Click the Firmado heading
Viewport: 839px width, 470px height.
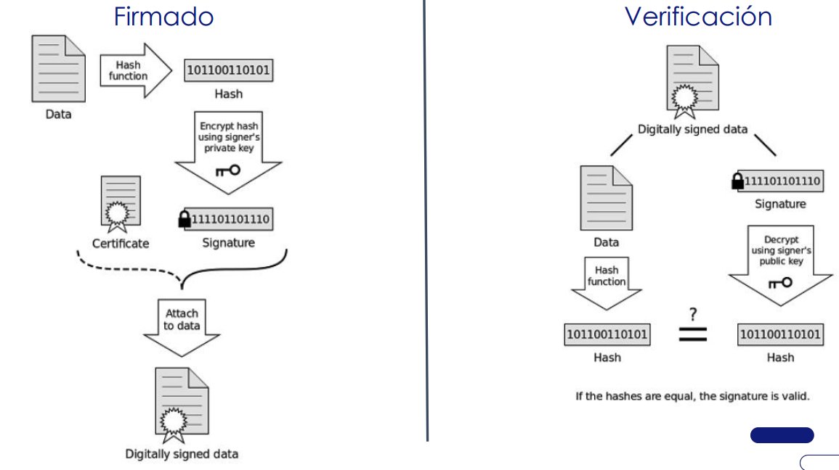[163, 16]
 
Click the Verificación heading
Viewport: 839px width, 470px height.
[698, 16]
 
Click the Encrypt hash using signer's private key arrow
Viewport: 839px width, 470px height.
[229, 149]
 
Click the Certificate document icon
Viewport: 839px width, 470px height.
[120, 201]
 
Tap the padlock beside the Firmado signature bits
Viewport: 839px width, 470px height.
[185, 219]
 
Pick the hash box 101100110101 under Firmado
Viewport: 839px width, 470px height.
[229, 70]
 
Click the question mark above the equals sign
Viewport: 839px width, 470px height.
[693, 314]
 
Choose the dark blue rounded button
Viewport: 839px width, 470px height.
[782, 435]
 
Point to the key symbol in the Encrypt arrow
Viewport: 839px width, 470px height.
[227, 170]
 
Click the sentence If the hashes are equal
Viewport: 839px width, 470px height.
[692, 396]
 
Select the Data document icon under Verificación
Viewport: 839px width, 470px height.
[606, 198]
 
